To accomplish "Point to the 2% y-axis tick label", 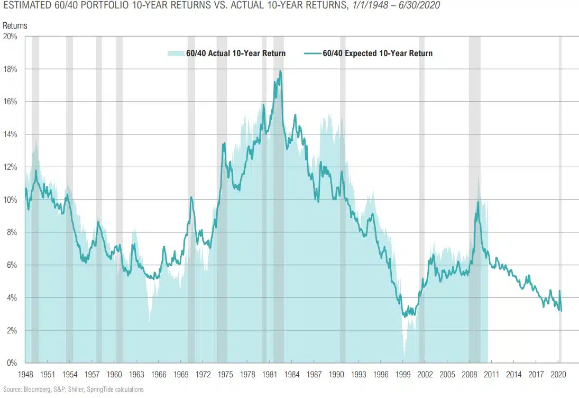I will click(x=12, y=331).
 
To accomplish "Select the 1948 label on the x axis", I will click(x=25, y=375).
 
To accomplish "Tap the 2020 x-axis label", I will click(x=558, y=375).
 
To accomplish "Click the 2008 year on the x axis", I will click(x=470, y=375).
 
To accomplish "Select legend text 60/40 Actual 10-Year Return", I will click(x=236, y=53).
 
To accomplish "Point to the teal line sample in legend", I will click(x=312, y=53).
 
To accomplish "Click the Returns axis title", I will click(x=14, y=25).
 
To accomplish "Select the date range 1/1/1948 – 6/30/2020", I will click(x=396, y=6).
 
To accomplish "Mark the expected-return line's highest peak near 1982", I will click(x=280, y=71).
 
